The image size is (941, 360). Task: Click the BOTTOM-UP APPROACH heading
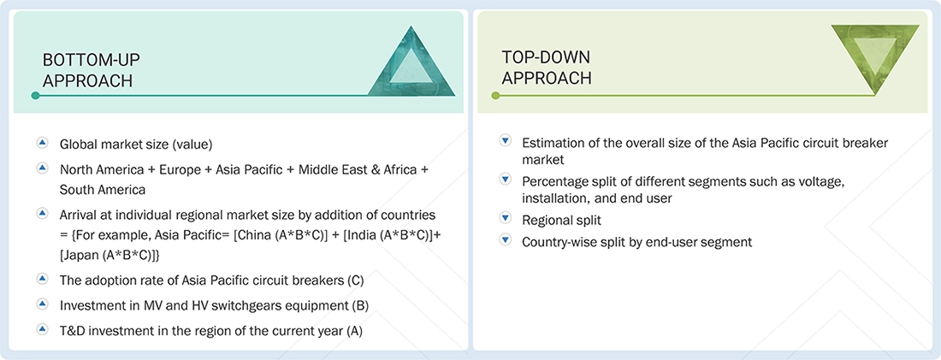pyautogui.click(x=91, y=69)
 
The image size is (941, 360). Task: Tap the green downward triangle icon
pyautogui.click(x=874, y=58)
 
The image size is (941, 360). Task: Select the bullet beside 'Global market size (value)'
pyautogui.click(x=41, y=143)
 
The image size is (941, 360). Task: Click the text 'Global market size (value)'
pyautogui.click(x=135, y=144)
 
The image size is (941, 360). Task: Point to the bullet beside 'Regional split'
pyautogui.click(x=505, y=220)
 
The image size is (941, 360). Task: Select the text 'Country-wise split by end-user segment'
pyautogui.click(x=636, y=242)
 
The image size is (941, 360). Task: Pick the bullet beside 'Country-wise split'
pyautogui.click(x=505, y=241)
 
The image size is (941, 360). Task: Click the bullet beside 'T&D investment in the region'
pyautogui.click(x=41, y=329)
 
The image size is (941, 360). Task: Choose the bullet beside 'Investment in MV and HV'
pyautogui.click(x=41, y=304)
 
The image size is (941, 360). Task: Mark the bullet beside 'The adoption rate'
pyautogui.click(x=41, y=278)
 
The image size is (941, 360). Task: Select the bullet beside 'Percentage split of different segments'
pyautogui.click(x=505, y=180)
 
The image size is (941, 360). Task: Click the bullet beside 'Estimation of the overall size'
pyautogui.click(x=505, y=141)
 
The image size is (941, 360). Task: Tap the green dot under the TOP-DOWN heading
pyautogui.click(x=495, y=96)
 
